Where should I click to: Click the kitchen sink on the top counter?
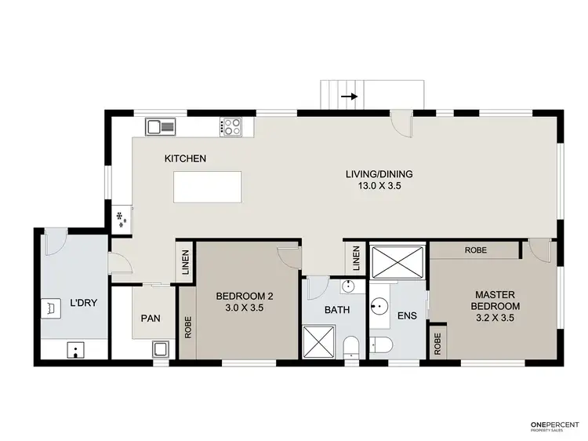click(x=160, y=125)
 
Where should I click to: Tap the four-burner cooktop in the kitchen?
click(x=231, y=126)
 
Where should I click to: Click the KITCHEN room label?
click(x=185, y=159)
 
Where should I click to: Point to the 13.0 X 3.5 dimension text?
click(x=379, y=187)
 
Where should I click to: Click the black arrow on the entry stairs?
click(x=350, y=97)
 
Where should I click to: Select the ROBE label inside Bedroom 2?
click(x=187, y=326)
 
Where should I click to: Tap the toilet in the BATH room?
click(x=351, y=344)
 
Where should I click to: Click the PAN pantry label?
click(x=151, y=319)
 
